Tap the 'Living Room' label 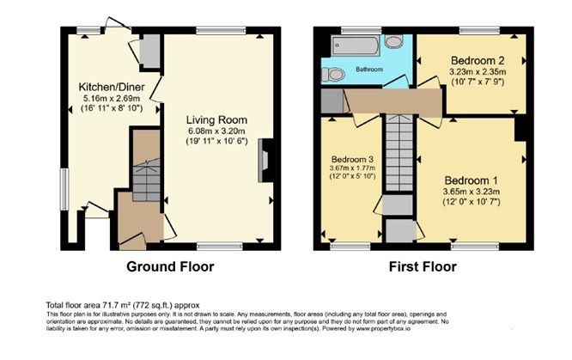click(x=219, y=119)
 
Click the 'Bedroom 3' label click(x=354, y=159)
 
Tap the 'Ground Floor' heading click(x=170, y=267)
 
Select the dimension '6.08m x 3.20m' click(x=218, y=131)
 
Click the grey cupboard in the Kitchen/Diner click(x=148, y=53)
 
